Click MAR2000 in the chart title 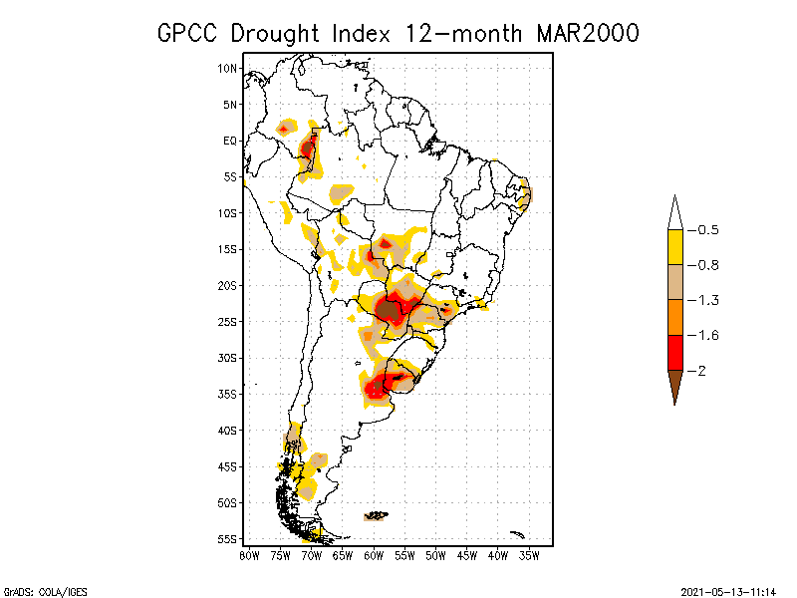588,33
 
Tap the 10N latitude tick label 228,69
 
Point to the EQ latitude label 230,141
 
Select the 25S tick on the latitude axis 228,322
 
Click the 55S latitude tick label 228,539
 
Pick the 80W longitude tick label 249,554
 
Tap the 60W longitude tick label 374,554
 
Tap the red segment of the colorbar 674,352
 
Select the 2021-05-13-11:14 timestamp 726,590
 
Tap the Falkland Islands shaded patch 377,515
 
